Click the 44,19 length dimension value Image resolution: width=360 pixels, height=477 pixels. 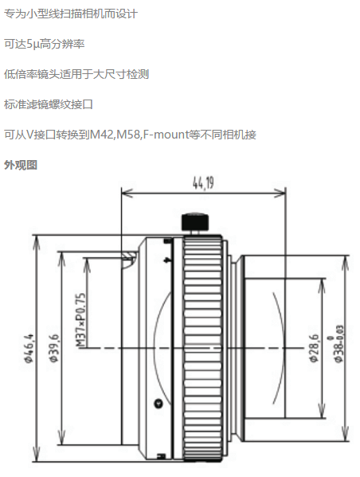pyautogui.click(x=203, y=182)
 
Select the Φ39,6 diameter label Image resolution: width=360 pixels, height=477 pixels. pyautogui.click(x=53, y=348)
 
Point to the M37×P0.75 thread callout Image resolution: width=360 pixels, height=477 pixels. pyautogui.click(x=80, y=320)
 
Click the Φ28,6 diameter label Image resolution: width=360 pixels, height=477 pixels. pyautogui.click(x=315, y=348)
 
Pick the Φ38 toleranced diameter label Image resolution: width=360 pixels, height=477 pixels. pyautogui.click(x=338, y=344)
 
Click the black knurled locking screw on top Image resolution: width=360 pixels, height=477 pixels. pyautogui.click(x=195, y=222)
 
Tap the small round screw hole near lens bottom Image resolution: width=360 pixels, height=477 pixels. pyautogui.click(x=158, y=404)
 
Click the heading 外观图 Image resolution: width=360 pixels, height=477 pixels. pyautogui.click(x=21, y=165)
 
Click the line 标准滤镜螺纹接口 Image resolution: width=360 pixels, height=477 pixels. pyautogui.click(x=48, y=104)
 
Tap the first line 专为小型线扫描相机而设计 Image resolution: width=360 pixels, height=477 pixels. pyautogui.click(x=71, y=14)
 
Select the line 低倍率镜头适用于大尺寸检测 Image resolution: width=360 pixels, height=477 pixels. pyautogui.click(x=76, y=74)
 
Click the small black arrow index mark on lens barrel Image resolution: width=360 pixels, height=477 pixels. pyautogui.click(x=167, y=260)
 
